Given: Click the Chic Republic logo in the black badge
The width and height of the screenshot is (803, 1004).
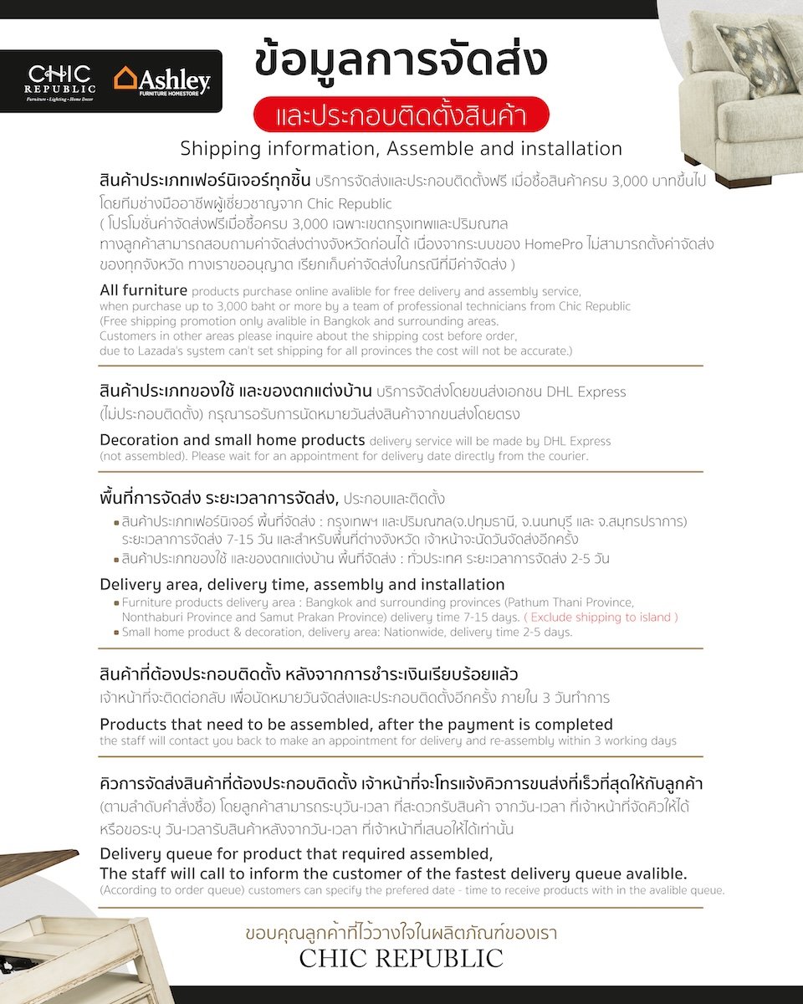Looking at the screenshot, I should pos(59,81).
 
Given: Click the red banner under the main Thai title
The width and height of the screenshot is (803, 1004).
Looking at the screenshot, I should pos(401,115).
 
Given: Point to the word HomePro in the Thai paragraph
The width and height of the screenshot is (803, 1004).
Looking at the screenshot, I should pos(560,245).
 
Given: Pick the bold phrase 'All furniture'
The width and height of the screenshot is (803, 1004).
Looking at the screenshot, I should pos(143,290).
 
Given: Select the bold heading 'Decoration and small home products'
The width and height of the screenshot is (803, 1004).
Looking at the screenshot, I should pos(232,440).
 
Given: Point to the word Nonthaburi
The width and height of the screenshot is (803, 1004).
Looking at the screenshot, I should pos(153,617).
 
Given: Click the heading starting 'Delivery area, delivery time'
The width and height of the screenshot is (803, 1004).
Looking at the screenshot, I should pos(302,584).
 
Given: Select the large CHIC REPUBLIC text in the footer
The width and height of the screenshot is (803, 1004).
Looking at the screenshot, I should pos(401,958).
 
